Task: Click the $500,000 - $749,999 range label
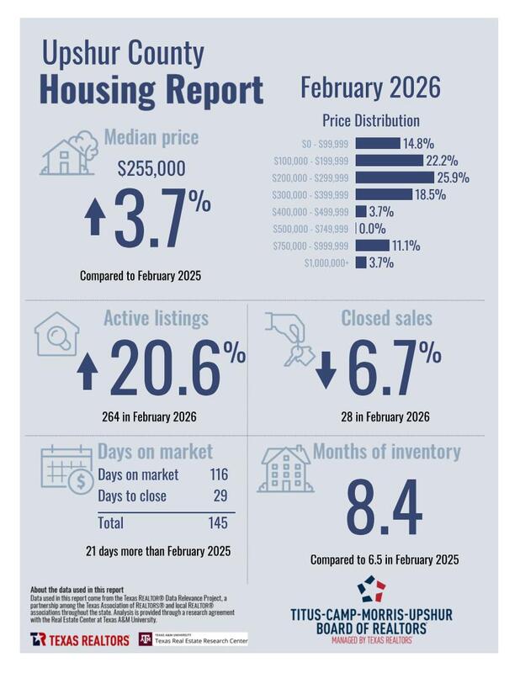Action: tap(310, 229)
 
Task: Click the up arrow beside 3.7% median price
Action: tap(95, 220)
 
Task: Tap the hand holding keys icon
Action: tap(290, 335)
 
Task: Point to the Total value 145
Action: tap(217, 523)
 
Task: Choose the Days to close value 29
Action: tap(221, 495)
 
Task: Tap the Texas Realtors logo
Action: tap(81, 639)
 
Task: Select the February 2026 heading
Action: tap(369, 87)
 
